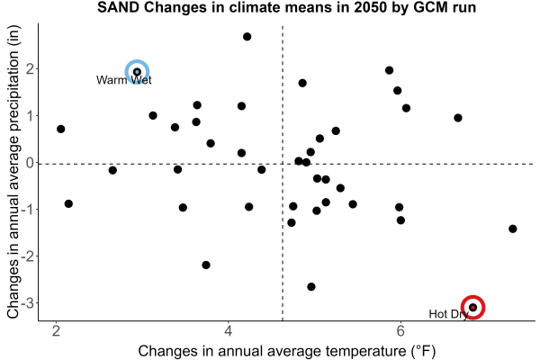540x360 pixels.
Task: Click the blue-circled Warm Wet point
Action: (x=137, y=72)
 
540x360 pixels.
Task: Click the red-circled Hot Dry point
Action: (x=473, y=307)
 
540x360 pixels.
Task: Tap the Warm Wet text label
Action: (x=124, y=80)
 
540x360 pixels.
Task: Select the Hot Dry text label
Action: (x=448, y=314)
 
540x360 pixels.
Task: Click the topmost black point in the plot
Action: (x=247, y=37)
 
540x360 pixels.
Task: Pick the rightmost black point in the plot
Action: (x=512, y=229)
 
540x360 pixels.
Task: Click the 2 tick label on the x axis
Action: (x=56, y=331)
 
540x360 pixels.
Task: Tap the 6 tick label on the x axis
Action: (x=400, y=331)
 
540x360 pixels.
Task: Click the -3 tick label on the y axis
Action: (x=28, y=303)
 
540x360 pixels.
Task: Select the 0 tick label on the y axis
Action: (x=31, y=163)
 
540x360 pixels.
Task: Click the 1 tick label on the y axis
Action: (x=31, y=116)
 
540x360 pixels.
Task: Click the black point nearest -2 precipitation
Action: (x=206, y=265)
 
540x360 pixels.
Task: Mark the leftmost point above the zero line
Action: (x=60, y=129)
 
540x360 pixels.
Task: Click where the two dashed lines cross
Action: (x=283, y=164)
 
